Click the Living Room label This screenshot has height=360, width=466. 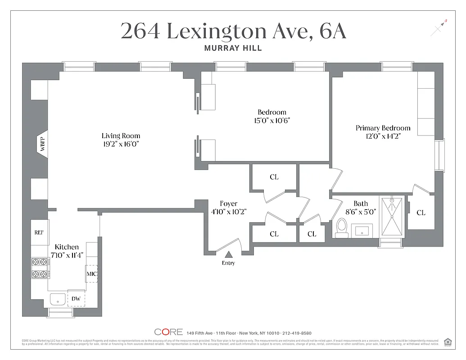[x=121, y=135]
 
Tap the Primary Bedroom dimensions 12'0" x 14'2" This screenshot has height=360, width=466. [x=383, y=136]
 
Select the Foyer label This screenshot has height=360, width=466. [x=228, y=203]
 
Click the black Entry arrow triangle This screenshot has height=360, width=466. [x=228, y=255]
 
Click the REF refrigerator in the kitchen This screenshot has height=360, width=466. [x=39, y=233]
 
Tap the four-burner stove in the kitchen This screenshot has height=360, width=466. [x=39, y=267]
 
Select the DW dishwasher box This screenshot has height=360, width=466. [x=76, y=298]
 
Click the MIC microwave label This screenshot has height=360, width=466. [x=92, y=274]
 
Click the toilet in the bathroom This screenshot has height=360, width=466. [x=341, y=228]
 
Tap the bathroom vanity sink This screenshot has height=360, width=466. [x=362, y=231]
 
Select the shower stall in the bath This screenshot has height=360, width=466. [x=392, y=217]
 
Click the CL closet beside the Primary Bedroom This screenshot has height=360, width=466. [x=421, y=212]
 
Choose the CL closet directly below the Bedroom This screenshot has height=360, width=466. [x=274, y=177]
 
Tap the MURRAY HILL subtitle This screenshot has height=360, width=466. [x=233, y=48]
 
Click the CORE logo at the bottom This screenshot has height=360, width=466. [x=168, y=332]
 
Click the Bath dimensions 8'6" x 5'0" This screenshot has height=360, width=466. [x=360, y=211]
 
